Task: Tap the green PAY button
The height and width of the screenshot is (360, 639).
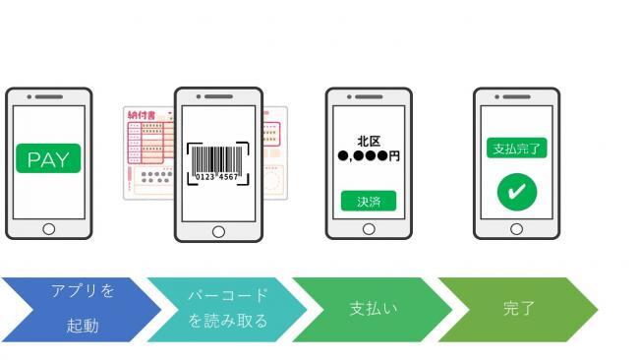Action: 48,160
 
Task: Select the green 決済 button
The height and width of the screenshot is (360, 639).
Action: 368,201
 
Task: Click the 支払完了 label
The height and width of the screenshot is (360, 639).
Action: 516,149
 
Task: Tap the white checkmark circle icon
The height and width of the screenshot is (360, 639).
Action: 516,191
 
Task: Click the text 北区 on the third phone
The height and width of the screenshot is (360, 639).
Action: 369,142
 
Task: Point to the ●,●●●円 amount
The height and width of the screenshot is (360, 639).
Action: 369,156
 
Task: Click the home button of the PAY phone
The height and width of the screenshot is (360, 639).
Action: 48,228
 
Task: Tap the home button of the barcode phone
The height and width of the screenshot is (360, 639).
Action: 218,231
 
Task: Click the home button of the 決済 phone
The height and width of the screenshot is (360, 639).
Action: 369,228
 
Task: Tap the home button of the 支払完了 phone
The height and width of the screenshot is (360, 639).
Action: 516,228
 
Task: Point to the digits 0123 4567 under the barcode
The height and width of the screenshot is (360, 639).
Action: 218,177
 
